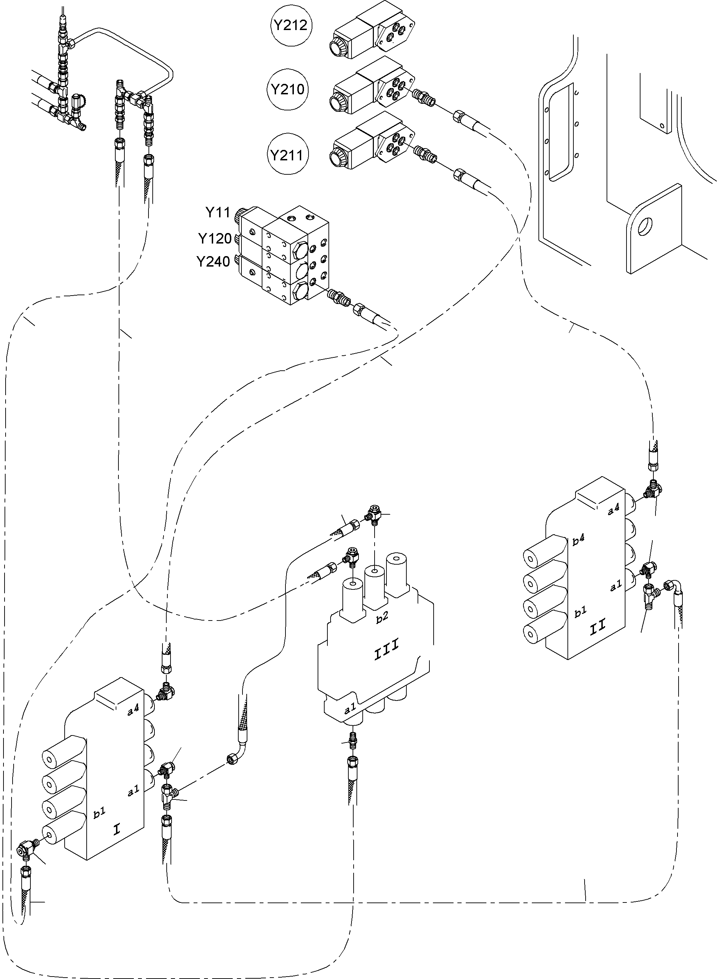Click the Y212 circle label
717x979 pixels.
[290, 25]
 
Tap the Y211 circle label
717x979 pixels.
[287, 155]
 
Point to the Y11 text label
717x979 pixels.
[217, 213]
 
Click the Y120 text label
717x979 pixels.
[215, 239]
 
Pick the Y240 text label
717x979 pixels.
[213, 262]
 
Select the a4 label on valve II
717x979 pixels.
[613, 510]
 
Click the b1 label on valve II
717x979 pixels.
[580, 612]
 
